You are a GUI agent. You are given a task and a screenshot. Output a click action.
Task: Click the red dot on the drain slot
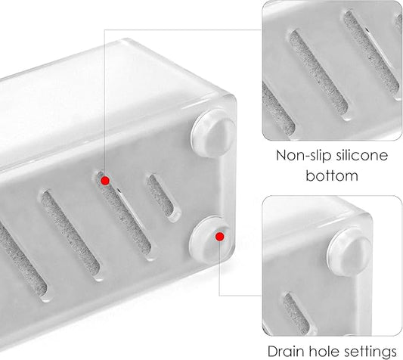coord(105,179)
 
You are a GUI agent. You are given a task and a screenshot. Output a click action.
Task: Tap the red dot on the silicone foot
coord(219,236)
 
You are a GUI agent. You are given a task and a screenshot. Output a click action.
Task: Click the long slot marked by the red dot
coord(119,219)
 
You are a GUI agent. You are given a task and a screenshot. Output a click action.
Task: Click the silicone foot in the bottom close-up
coord(349,249)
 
